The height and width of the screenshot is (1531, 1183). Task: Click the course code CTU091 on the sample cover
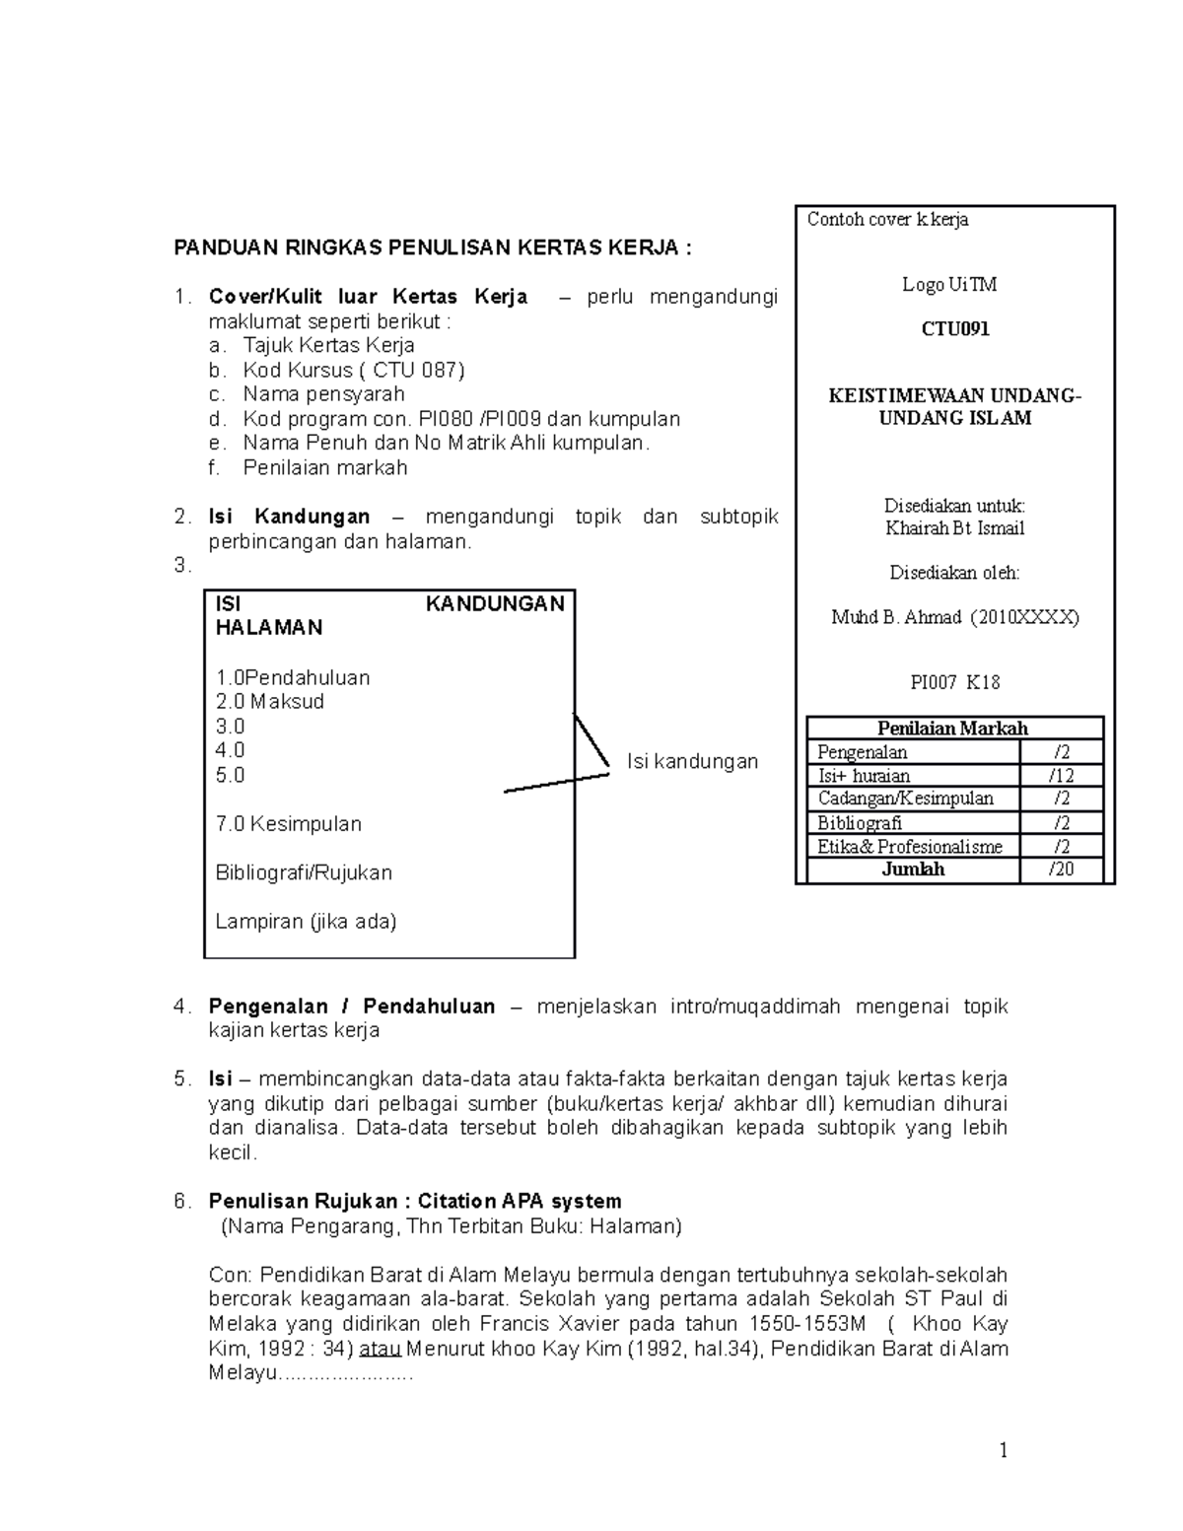click(x=954, y=329)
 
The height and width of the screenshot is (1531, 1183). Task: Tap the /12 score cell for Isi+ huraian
click(x=1061, y=776)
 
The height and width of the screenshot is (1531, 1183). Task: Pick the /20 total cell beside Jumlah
click(x=1061, y=870)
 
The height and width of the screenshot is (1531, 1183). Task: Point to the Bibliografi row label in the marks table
click(x=860, y=823)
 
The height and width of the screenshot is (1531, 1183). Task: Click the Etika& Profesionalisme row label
click(x=910, y=847)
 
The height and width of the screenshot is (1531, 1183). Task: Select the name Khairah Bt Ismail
click(x=954, y=528)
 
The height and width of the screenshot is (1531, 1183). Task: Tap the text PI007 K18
click(x=954, y=682)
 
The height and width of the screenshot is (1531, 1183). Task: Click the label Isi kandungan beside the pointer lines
click(x=692, y=761)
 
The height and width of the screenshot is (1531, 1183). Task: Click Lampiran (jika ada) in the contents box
click(x=306, y=922)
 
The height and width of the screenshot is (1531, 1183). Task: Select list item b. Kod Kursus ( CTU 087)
click(x=336, y=371)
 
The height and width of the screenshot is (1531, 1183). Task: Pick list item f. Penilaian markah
click(x=309, y=468)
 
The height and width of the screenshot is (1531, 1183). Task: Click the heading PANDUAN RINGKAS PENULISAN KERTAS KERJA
click(x=432, y=247)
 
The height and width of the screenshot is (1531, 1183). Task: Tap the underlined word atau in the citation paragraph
click(x=380, y=1350)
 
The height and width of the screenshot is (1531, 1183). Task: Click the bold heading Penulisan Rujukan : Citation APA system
click(x=415, y=1202)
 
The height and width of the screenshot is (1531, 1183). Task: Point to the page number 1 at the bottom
click(x=1004, y=1450)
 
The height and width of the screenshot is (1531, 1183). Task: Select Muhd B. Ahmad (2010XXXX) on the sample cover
click(x=954, y=618)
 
